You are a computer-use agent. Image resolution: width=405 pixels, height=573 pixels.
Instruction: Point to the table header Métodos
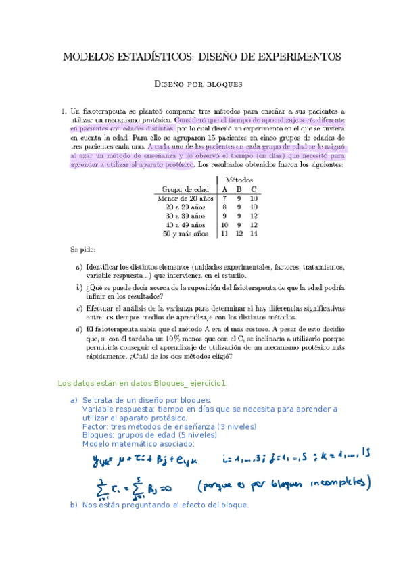[239, 179]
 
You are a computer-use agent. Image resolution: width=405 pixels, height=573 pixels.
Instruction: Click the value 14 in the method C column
[254, 233]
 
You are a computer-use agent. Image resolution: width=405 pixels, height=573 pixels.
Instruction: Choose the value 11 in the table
[224, 233]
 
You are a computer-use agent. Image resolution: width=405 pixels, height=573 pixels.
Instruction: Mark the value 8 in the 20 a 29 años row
[224, 207]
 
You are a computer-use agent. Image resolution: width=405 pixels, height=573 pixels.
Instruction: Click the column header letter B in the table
[239, 189]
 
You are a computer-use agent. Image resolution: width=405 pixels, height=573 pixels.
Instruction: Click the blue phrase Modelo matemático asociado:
[138, 444]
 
